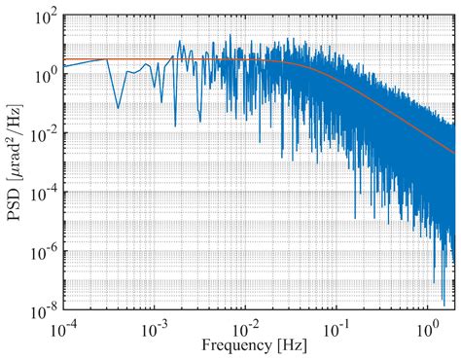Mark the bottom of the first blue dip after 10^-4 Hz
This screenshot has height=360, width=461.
coord(118,107)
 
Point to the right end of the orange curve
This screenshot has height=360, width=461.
coord(453,152)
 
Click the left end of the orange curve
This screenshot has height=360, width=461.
coord(65,59)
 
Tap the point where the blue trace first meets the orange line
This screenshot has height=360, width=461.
coord(105,59)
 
